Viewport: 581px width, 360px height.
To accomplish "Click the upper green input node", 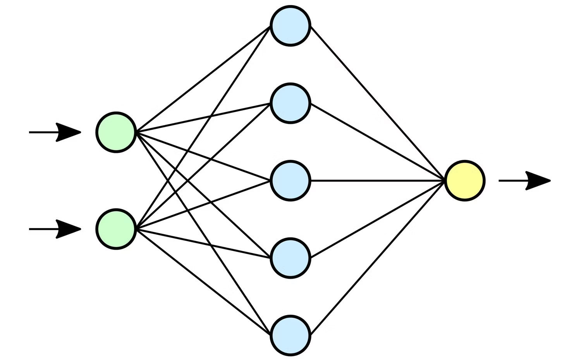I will [116, 132].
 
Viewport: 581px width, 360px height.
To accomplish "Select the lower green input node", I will [116, 229].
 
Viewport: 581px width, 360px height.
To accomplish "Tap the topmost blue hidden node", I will [290, 26].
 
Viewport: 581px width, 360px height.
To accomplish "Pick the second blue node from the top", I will [290, 103].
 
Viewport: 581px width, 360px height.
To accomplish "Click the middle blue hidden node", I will [290, 181].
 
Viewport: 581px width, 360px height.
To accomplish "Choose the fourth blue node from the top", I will [290, 258].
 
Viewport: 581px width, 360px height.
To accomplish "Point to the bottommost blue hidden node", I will [290, 335].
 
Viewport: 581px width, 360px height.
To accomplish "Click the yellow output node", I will [465, 181].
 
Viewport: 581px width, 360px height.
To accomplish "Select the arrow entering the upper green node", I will [54, 132].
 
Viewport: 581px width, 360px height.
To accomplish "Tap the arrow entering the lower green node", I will [54, 229].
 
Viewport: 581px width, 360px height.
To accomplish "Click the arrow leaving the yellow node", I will [523, 181].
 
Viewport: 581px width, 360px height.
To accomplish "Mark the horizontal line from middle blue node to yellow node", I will [378, 181].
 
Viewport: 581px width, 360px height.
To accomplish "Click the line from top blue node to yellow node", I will [378, 103].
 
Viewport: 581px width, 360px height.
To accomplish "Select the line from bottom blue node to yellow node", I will [378, 258].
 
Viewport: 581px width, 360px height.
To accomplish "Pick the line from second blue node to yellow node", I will [378, 142].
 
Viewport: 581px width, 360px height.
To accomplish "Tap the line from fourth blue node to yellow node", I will [378, 219].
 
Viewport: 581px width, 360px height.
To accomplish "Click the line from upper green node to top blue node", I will [203, 79].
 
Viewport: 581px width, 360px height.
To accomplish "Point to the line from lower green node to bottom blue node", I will [203, 282].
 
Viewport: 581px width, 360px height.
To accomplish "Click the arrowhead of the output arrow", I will [538, 181].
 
